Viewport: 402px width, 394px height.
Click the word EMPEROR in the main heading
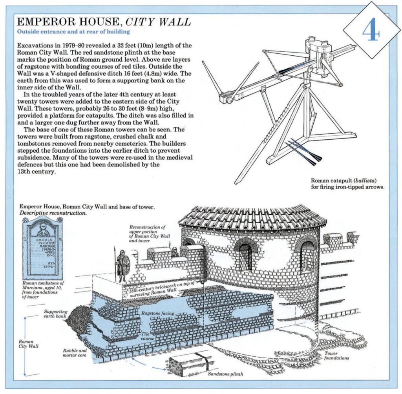(39, 22)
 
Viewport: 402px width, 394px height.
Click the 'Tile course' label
(148, 336)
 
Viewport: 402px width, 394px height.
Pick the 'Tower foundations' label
(336, 355)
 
